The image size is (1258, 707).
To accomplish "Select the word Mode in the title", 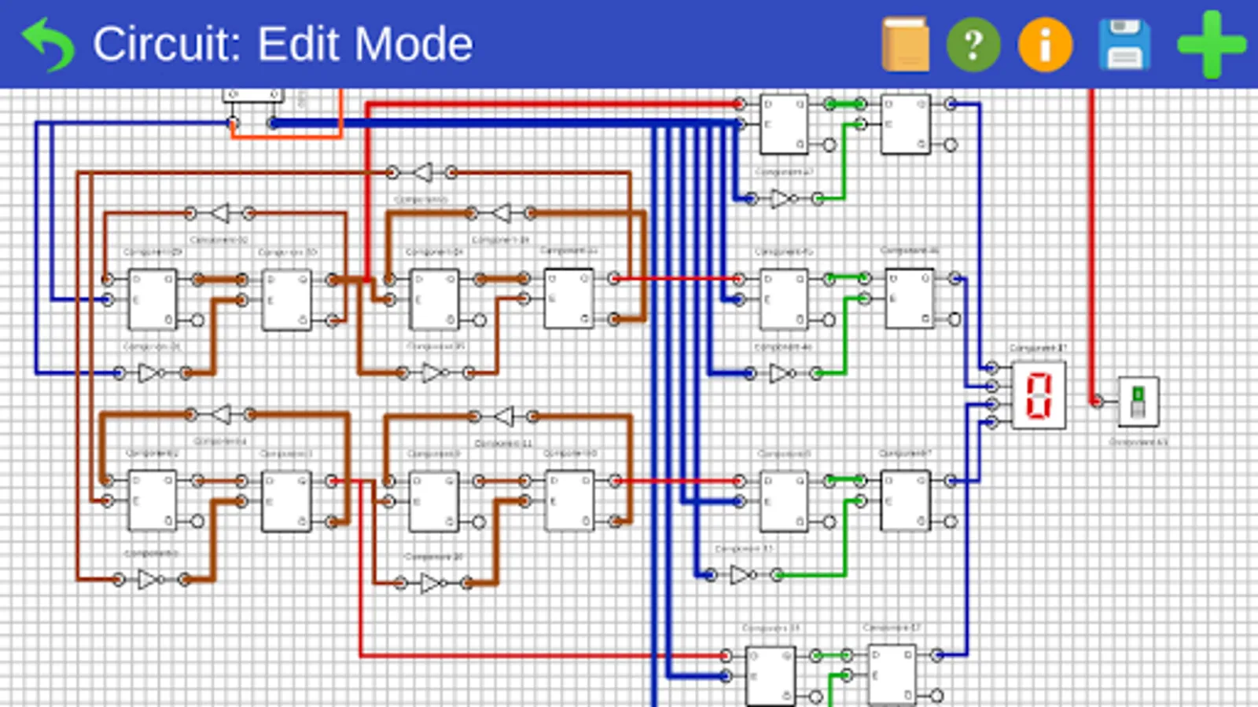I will (414, 44).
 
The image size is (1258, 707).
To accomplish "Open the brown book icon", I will (905, 44).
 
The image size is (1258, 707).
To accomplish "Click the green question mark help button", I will (973, 45).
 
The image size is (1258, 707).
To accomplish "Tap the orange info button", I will (1045, 45).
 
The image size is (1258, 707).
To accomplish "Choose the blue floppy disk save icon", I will (1124, 45).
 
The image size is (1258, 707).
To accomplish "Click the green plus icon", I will (1211, 45).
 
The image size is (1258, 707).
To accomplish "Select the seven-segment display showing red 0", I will (1039, 395).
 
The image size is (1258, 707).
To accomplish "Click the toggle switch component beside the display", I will (1138, 401).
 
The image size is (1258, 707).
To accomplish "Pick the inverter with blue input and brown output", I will (149, 373).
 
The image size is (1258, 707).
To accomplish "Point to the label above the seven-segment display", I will (1038, 348).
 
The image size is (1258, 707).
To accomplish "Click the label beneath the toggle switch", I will (1138, 442).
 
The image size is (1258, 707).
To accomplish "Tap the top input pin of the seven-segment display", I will (992, 367).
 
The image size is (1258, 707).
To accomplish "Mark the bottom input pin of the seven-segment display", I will (992, 423).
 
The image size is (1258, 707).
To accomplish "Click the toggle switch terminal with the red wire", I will (1097, 401).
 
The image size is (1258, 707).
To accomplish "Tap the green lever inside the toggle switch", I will (1138, 394).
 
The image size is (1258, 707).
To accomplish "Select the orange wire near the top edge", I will (287, 136).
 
